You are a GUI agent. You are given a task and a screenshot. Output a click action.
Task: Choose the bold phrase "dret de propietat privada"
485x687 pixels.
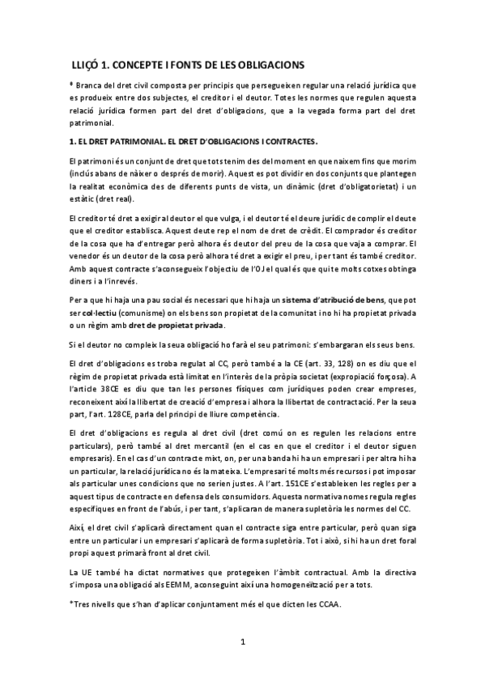(x=176, y=326)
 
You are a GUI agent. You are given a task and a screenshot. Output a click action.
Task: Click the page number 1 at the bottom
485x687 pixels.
(x=242, y=664)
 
